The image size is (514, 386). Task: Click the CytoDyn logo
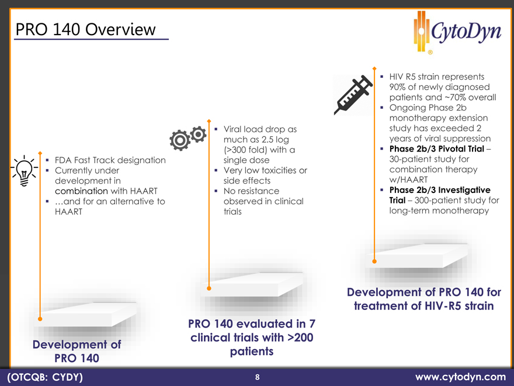coord(457,32)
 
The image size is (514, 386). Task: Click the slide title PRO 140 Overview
coord(85,29)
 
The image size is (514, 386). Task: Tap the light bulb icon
coord(24,171)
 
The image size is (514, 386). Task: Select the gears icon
coord(188,138)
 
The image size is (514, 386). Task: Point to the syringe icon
coord(353,95)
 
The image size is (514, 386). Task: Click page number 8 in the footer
coord(258,377)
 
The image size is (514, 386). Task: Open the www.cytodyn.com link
coord(461,377)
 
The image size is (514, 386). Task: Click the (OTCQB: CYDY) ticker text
coord(45,377)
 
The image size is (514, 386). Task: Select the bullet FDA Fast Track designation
coord(110,160)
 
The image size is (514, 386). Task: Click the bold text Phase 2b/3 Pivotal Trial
coord(437,149)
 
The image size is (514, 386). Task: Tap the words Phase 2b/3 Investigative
coord(440,190)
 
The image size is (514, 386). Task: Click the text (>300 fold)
coord(246,150)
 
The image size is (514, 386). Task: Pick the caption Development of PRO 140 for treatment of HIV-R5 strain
coord(424,299)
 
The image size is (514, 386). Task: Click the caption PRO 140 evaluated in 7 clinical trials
coord(252,330)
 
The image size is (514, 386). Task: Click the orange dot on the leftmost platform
coord(40,319)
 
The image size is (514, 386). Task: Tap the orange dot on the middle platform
coord(209,288)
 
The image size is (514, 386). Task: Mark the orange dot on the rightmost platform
coord(374,261)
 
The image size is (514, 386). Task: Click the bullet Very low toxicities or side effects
coord(265,175)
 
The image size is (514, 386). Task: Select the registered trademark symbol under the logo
coord(430,52)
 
